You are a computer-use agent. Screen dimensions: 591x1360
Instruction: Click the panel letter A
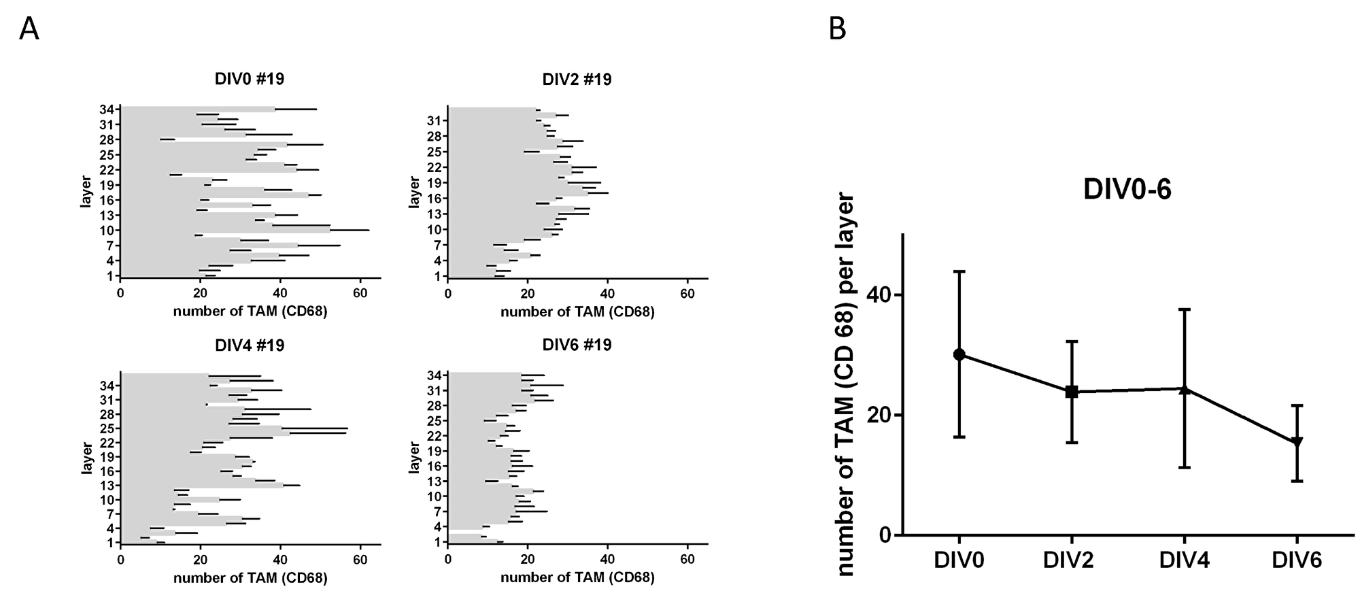[29, 29]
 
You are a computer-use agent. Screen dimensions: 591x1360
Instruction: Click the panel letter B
[838, 29]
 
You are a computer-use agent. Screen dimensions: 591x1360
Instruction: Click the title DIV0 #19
[250, 80]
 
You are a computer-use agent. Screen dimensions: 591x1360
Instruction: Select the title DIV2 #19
[577, 80]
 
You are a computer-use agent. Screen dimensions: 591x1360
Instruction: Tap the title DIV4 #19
[250, 345]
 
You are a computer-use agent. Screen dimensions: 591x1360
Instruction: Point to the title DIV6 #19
[577, 345]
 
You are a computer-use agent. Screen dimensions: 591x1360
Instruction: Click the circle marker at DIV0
[959, 354]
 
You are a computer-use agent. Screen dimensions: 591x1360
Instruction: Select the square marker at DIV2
[1072, 392]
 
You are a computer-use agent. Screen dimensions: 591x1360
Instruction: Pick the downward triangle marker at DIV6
[1297, 442]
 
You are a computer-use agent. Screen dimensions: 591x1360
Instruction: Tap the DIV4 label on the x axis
[1184, 560]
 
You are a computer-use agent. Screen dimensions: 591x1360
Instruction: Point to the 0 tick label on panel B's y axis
[885, 535]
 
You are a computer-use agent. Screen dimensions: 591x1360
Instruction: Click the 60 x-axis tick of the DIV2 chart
[687, 294]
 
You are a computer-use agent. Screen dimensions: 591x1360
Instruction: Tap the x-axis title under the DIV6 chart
[577, 578]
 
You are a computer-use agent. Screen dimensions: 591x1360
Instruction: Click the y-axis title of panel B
[844, 384]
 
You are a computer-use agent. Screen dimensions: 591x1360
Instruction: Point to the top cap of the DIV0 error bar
[959, 271]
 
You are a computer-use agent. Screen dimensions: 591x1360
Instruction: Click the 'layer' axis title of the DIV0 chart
[86, 192]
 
